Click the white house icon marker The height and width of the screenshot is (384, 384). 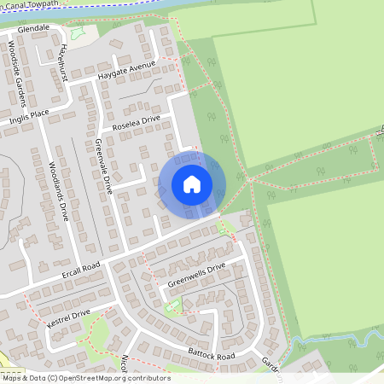click(x=192, y=184)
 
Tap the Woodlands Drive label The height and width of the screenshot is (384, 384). click(x=57, y=192)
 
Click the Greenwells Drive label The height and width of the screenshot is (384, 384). click(x=196, y=274)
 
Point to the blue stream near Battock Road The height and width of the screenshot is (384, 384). click(x=329, y=340)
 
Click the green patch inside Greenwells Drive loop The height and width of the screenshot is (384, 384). click(x=174, y=305)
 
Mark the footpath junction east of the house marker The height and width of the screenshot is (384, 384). click(x=247, y=179)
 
